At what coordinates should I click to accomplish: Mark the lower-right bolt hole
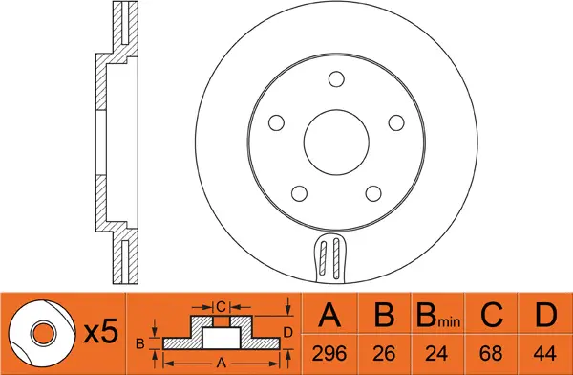[x=371, y=190]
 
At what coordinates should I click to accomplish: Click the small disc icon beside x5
[x=43, y=332]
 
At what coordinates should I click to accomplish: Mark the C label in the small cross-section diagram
[x=221, y=307]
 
